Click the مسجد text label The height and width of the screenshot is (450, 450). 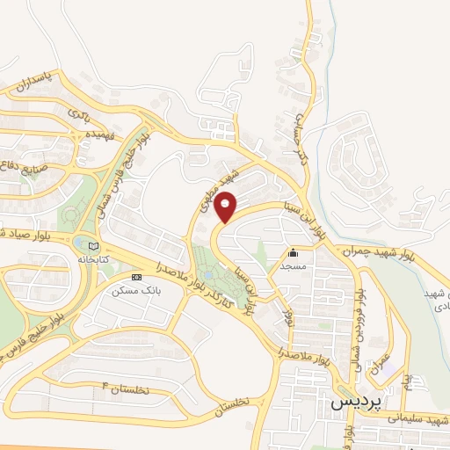290,264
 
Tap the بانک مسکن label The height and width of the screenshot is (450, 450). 131,289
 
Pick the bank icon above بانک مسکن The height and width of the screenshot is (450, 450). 134,277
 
